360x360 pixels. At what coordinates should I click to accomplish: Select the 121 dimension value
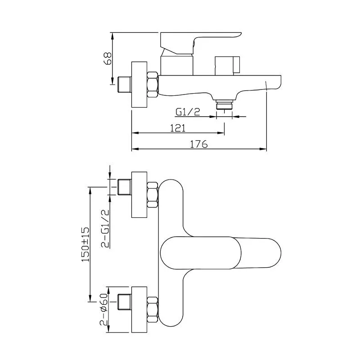click(178, 128)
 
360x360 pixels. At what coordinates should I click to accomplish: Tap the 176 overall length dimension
click(198, 144)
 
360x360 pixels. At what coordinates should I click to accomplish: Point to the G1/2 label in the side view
click(188, 112)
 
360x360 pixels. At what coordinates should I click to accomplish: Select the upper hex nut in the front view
click(152, 194)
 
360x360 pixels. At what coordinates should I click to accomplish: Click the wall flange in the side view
click(139, 84)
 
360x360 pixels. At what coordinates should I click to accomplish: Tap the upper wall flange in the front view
click(139, 194)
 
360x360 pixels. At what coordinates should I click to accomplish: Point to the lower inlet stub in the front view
click(124, 302)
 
